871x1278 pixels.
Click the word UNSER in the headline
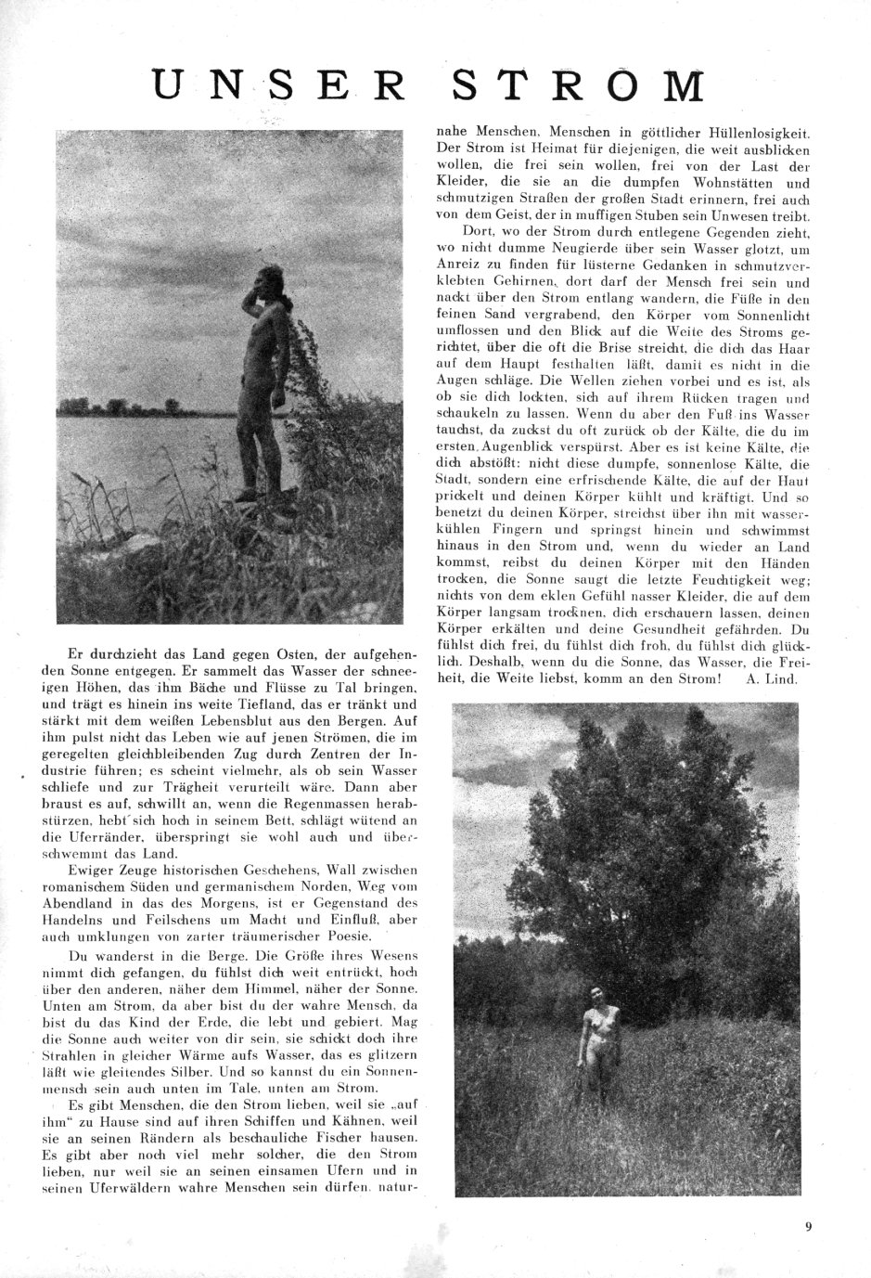(279, 86)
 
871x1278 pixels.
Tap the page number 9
(809, 1229)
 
